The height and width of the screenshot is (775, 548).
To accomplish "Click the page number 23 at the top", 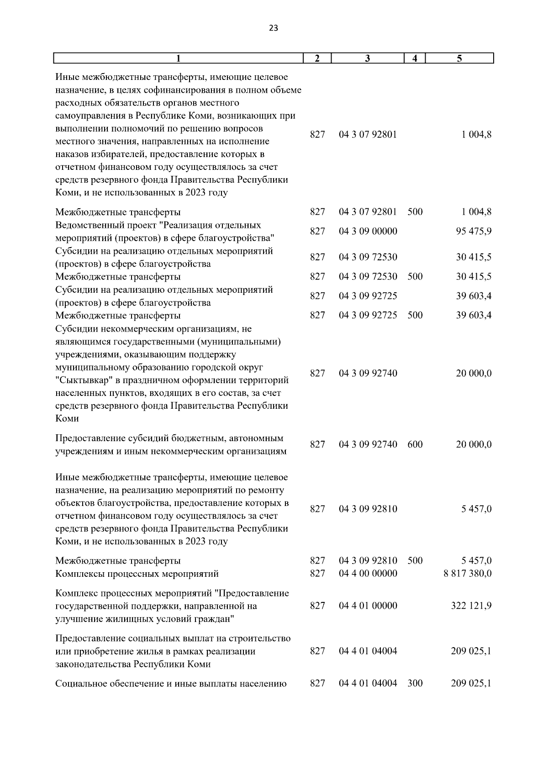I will pos(274,28).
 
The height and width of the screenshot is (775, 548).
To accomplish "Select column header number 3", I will pos(368,58).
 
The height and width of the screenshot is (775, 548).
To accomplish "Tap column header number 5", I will pos(459,58).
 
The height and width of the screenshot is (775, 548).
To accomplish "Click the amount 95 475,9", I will pos(474,231).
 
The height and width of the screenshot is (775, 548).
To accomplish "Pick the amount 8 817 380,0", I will pos(467,573).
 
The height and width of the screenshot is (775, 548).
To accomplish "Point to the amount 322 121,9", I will pos(471,606).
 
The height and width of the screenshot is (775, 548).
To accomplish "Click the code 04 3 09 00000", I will pos(368,231).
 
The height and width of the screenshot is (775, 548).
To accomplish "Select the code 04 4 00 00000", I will pos(368,573).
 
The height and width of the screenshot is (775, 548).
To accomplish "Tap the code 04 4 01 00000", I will pos(368,606).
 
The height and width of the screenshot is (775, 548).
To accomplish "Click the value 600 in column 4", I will pos(415,444).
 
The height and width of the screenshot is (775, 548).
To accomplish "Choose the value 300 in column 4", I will pos(415,683).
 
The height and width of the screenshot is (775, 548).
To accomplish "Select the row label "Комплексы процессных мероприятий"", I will pos(137,574).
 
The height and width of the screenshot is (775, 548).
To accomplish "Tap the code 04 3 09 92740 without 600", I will pos(368,373).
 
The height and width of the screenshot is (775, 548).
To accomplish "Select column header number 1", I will pos(179,58).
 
